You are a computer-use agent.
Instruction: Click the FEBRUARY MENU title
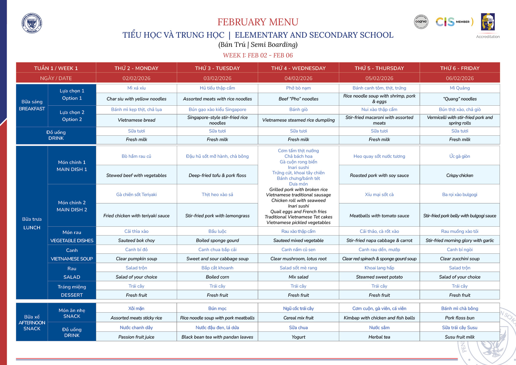pos(258,22)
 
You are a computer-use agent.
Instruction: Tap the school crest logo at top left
pos(32,23)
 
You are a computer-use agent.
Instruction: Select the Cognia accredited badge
pos(421,22)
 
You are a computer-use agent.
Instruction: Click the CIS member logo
pos(454,22)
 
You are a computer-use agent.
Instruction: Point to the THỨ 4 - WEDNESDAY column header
pos(298,68)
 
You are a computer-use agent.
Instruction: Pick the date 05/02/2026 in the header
pos(379,78)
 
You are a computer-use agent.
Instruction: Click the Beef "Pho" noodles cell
pos(298,99)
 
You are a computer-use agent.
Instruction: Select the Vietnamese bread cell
pos(137,120)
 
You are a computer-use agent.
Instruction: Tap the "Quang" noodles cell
pos(460,99)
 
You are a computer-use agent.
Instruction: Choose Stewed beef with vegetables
pos(137,175)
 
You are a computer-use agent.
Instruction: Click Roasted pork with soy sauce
pos(379,175)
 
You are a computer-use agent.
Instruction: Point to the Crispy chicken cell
pos(460,175)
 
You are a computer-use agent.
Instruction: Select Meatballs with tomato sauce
pos(379,216)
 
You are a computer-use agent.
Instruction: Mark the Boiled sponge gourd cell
pos(217,240)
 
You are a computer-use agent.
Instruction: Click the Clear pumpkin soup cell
pos(137,259)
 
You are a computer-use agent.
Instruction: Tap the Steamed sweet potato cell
pos(379,277)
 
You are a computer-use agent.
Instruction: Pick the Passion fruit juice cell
pos(137,337)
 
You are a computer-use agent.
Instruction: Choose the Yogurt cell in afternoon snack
pos(298,337)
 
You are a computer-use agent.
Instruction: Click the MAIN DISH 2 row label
pos(72,210)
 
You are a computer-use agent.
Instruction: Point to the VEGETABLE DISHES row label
pos(72,240)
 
